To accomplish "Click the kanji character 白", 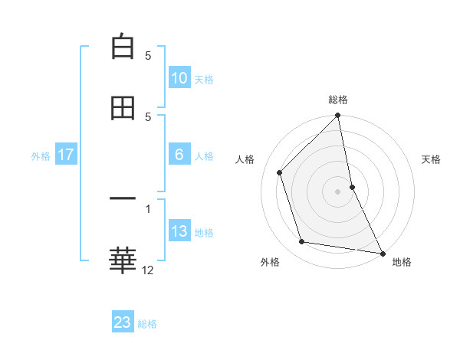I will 123,47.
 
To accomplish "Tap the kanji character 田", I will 123,108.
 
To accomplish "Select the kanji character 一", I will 123,199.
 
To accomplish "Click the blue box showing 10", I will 179,78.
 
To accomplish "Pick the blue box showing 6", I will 179,155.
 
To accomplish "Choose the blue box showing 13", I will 179,231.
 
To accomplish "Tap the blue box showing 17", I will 66,155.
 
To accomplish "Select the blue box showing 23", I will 123,322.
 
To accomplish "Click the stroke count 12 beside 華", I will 148,270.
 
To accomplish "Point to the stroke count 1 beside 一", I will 148,208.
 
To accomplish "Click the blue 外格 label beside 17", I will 41,155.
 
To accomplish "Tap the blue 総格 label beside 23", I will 147,323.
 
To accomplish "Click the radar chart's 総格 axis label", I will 338,100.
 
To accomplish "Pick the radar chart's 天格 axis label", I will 432,159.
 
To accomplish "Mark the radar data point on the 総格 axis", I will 338,116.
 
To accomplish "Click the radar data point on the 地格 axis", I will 382,252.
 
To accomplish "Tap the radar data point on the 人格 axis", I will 280,172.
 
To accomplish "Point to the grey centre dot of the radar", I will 338,191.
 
